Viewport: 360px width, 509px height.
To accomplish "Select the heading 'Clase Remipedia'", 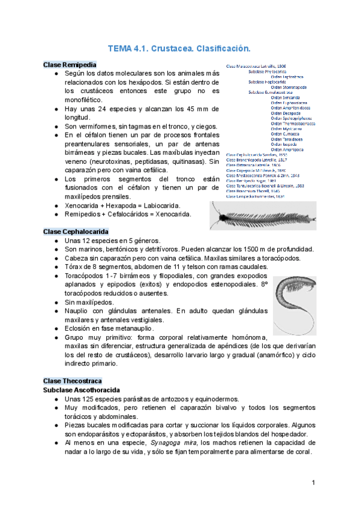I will pos(70,64).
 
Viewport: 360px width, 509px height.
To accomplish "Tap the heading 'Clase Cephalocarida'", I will pos(76,231).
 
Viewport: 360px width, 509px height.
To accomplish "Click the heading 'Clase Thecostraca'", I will pos(73,381).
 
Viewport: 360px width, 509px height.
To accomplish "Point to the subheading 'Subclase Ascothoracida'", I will pos(82,390).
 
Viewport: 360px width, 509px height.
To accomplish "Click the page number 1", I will pos(313,483).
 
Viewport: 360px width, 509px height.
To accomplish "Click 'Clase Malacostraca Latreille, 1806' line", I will pos(256,66).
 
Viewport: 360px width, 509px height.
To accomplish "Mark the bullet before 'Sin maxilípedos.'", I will pos(55,303).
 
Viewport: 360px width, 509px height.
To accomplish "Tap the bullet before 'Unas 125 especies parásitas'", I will pos(55,399).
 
